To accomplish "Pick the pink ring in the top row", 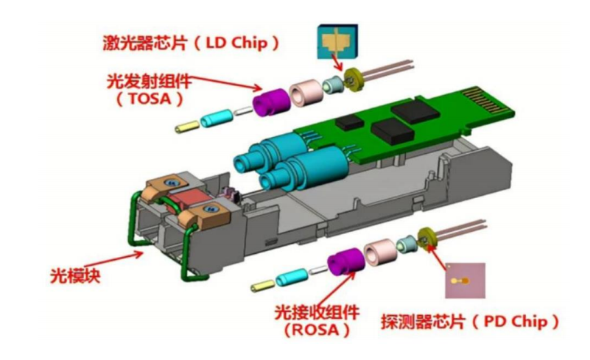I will (x=306, y=93).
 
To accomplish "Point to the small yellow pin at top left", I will (x=184, y=127).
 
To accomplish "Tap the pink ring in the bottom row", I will (x=380, y=253).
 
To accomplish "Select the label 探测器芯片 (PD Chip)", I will (x=468, y=321).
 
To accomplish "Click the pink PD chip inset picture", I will (x=465, y=282).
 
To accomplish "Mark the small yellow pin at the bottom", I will (x=261, y=285).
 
